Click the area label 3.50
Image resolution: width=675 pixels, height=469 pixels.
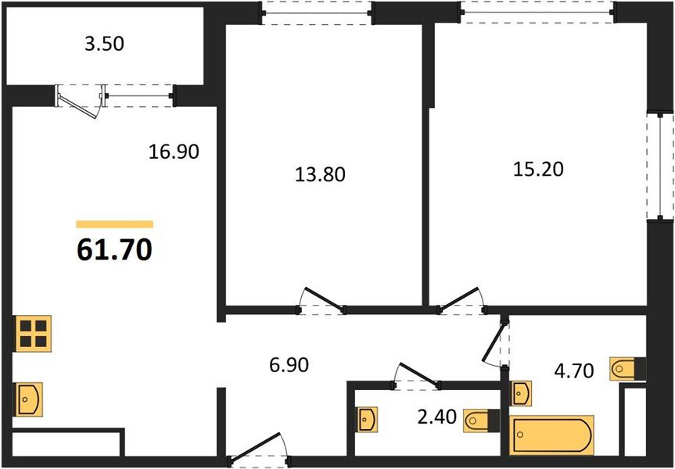(104, 45)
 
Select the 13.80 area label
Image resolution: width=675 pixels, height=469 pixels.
(319, 174)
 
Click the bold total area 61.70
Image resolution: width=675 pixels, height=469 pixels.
(114, 250)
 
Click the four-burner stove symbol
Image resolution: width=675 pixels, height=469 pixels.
(32, 333)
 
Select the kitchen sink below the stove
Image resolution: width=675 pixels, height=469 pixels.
(28, 399)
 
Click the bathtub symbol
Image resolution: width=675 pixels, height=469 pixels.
(551, 435)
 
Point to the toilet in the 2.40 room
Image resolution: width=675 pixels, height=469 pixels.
(479, 421)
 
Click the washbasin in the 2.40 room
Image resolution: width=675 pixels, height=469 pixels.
(368, 420)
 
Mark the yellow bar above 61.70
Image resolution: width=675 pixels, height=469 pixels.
(114, 224)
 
